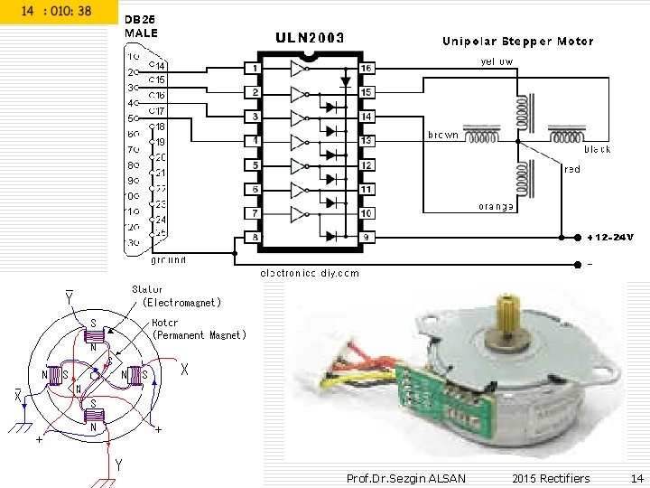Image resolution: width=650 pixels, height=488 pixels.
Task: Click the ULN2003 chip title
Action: pos(309,38)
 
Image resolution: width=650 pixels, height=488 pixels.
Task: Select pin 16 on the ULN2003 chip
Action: pos(367,69)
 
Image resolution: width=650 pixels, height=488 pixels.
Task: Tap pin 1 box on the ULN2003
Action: pos(255,69)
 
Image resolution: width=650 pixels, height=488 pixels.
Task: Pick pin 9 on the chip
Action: pos(367,237)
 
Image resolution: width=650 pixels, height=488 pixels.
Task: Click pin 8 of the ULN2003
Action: pos(255,237)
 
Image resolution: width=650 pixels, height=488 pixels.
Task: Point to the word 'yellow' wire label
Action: pos(497,62)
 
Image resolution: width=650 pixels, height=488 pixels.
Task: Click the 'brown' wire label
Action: pos(442,135)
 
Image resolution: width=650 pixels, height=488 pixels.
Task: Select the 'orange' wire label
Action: pos(497,207)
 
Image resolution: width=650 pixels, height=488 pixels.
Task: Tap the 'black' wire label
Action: pos(598,149)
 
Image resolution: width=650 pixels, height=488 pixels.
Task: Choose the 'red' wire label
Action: pos(572,169)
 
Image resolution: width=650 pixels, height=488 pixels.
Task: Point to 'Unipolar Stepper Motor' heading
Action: pos(517,42)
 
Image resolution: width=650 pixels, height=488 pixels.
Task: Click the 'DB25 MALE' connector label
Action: pos(141,26)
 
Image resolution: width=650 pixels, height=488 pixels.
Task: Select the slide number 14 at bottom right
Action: pos(637,478)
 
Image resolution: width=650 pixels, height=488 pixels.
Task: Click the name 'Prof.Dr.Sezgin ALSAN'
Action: pos(405,478)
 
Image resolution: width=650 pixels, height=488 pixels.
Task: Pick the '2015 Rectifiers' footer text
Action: pos(551,478)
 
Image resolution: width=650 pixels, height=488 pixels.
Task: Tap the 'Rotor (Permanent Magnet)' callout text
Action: pos(198,329)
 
